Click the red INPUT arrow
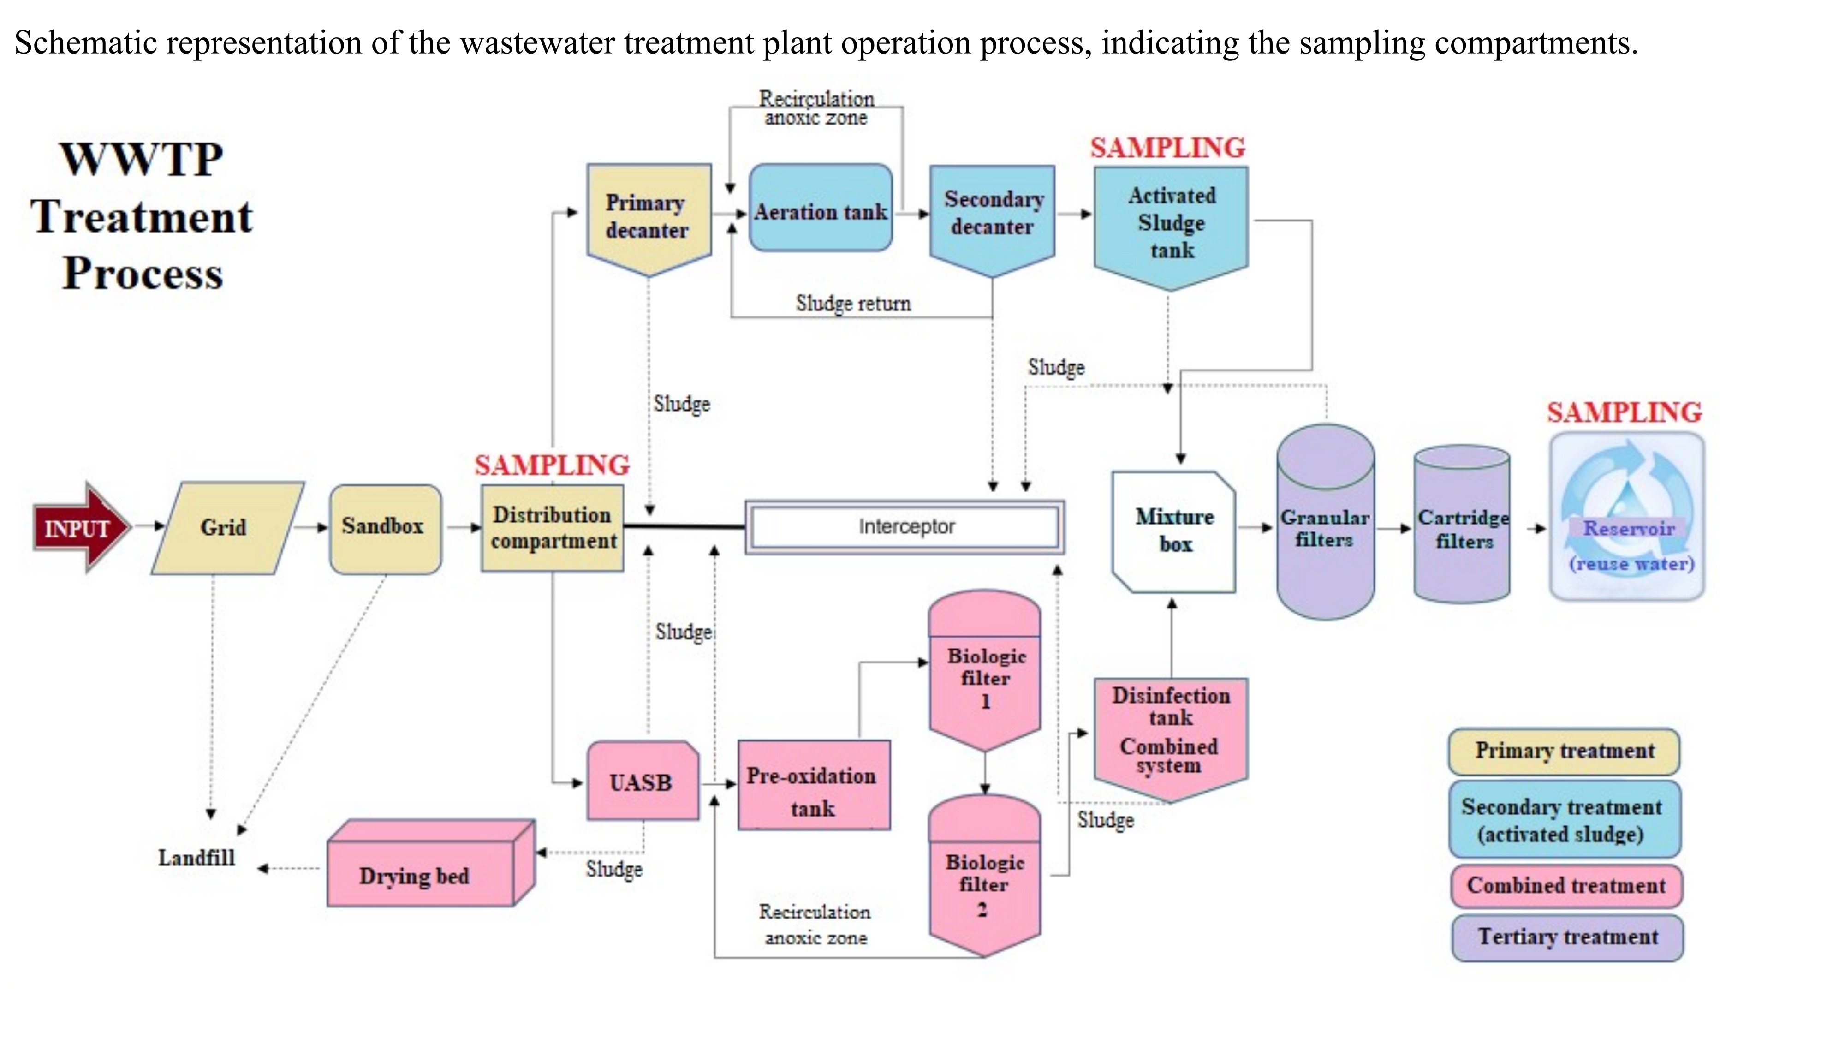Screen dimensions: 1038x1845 (79, 528)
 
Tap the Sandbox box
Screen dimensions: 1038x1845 (385, 528)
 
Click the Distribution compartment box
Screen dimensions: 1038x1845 (552, 528)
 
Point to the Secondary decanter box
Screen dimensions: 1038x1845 (992, 215)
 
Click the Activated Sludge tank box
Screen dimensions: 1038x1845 (1171, 223)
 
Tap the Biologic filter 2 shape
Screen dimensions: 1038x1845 (984, 881)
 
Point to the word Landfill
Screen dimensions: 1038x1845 (196, 858)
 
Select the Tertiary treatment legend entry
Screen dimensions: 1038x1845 (1567, 937)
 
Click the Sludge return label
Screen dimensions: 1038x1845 (853, 303)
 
